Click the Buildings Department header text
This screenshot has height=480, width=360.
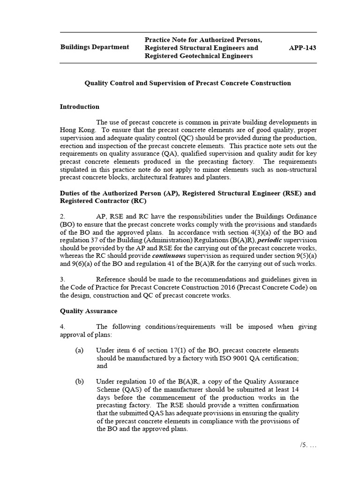tap(94, 47)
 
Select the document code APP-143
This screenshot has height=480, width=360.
tap(303, 47)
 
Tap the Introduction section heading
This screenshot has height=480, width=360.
tap(79, 107)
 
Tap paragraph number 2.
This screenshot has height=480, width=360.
tap(62, 217)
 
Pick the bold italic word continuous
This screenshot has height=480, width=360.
tap(169, 256)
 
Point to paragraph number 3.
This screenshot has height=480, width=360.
tap(62, 280)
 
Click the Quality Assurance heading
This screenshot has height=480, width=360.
tap(88, 311)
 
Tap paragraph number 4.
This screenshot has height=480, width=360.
tap(62, 327)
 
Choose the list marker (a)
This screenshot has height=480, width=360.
tap(79, 351)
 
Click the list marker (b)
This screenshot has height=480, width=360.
tap(79, 382)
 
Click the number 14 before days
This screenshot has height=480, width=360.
tap(295, 390)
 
